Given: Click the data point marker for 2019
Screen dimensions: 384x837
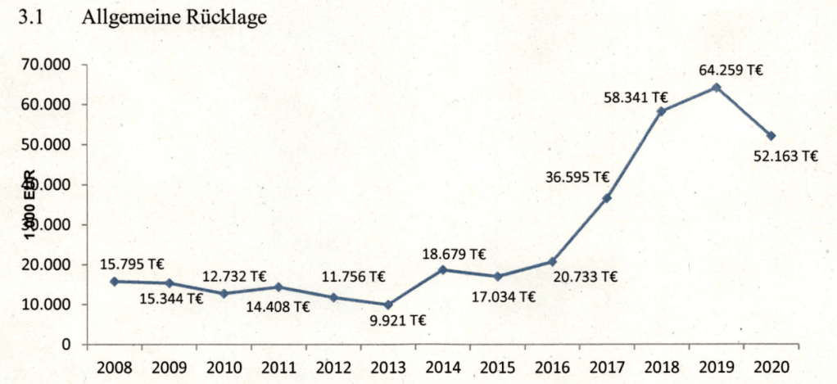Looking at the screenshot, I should click(x=716, y=87).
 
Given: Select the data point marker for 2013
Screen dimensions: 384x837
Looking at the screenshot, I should click(x=388, y=305).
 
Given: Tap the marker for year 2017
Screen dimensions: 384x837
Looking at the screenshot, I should click(x=607, y=198).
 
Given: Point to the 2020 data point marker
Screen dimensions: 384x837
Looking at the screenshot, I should click(x=771, y=135).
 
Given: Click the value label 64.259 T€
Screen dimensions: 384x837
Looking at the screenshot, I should click(x=731, y=70).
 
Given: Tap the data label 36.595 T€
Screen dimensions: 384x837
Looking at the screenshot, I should click(x=577, y=177).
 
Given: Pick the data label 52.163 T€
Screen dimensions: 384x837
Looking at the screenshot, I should click(x=785, y=156).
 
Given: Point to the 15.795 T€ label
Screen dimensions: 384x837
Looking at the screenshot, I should click(x=132, y=264).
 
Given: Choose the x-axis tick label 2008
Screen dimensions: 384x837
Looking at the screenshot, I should click(x=114, y=366).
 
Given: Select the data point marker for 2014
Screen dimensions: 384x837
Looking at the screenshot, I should click(x=442, y=269).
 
